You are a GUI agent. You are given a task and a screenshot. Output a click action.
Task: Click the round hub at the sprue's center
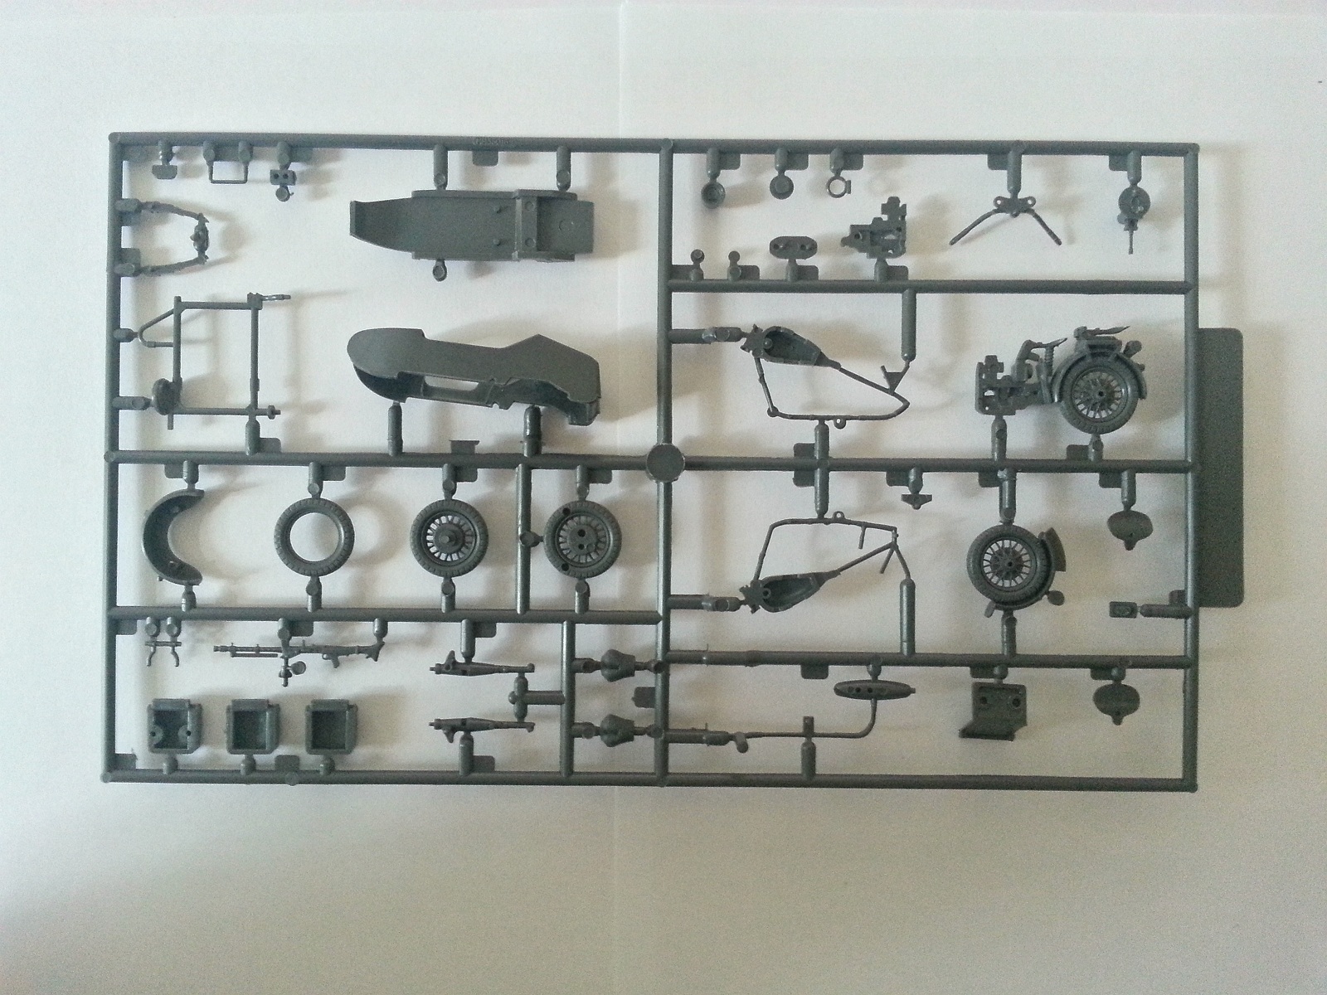[x=663, y=458]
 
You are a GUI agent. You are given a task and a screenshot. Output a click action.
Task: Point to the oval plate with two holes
[x=792, y=248]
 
